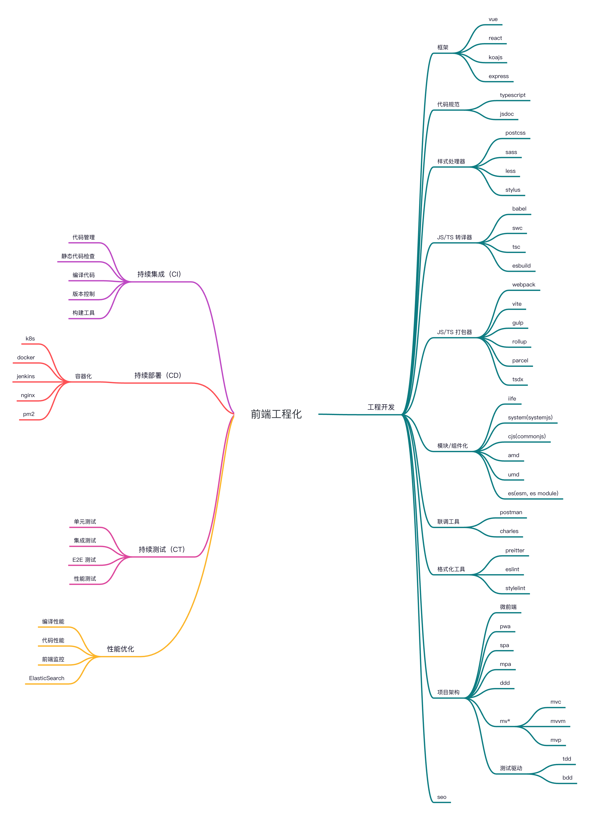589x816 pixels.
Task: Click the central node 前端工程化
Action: coord(276,414)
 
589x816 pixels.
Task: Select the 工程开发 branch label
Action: coord(381,407)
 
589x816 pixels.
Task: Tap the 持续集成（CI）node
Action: coord(159,274)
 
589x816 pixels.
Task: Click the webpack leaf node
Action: coord(524,285)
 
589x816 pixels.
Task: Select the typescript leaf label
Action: coord(512,95)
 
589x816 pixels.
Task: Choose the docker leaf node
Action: coord(26,358)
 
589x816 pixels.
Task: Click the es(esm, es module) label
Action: coord(533,493)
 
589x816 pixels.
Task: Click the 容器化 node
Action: coord(83,376)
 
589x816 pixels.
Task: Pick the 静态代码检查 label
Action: coord(78,256)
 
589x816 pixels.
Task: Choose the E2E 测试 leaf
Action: coord(84,560)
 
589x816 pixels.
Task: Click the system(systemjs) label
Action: coord(530,417)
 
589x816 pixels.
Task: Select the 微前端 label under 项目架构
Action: coord(508,607)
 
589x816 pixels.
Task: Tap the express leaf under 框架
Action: coord(498,76)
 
